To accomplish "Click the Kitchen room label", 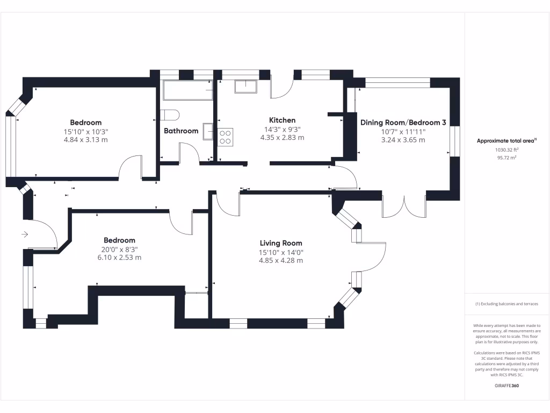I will [282, 120].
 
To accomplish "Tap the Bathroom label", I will [181, 131].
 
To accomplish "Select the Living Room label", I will [281, 243].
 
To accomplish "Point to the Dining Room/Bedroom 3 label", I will [403, 123].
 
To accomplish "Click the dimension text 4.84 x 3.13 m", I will [86, 140].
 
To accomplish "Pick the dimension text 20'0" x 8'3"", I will [119, 249].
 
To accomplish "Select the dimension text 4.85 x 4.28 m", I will [281, 260].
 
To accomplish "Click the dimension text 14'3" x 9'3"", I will [282, 129].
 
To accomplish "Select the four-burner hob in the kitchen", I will [225, 137].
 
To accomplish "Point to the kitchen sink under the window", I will [245, 86].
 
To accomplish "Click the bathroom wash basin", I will [208, 131].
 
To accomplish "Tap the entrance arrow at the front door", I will [25, 234].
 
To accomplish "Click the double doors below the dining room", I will [404, 204].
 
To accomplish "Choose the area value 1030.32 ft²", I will [507, 151].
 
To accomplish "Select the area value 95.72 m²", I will [507, 159].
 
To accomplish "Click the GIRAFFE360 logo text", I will [507, 386].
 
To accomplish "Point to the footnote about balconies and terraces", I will [507, 304].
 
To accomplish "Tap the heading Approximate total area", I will [507, 141].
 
